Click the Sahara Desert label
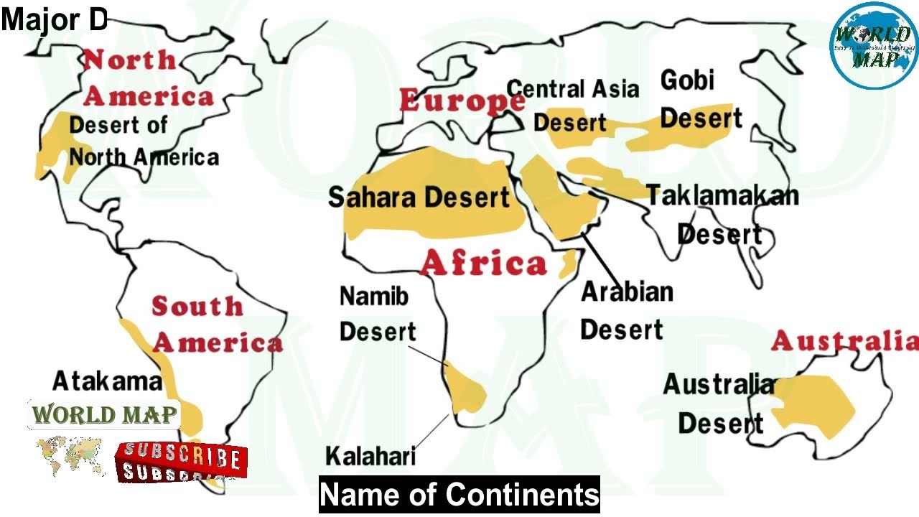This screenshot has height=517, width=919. pos(419,197)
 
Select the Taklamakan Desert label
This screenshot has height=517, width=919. pos(722,214)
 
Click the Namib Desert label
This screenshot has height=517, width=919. pos(376,314)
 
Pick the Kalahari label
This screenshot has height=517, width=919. pos(370,456)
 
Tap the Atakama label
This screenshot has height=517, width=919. pos(107,381)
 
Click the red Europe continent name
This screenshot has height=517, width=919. pos(462,101)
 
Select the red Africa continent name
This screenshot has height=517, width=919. pos(483,264)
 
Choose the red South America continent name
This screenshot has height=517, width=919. pos(215,325)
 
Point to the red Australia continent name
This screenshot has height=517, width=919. pos(844,340)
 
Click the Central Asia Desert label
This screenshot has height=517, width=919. pos(572,106)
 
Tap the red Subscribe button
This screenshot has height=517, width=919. pos(181,462)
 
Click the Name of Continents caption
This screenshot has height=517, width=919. pos(459,495)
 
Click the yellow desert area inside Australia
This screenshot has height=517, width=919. pos(815,406)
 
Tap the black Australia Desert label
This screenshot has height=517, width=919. pos(719,404)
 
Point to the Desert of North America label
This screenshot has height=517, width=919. pos(143,141)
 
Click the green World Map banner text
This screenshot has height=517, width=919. pos(104,415)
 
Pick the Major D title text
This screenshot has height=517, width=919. pos(54,21)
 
